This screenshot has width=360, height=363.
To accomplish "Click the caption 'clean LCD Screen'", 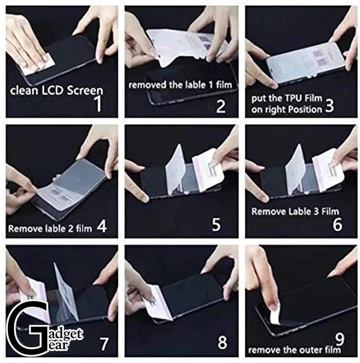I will [57, 90].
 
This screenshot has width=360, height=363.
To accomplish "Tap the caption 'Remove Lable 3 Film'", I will [295, 211].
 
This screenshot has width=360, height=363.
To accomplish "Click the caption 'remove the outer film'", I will [294, 350].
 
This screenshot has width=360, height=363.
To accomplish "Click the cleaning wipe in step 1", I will [45, 58].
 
